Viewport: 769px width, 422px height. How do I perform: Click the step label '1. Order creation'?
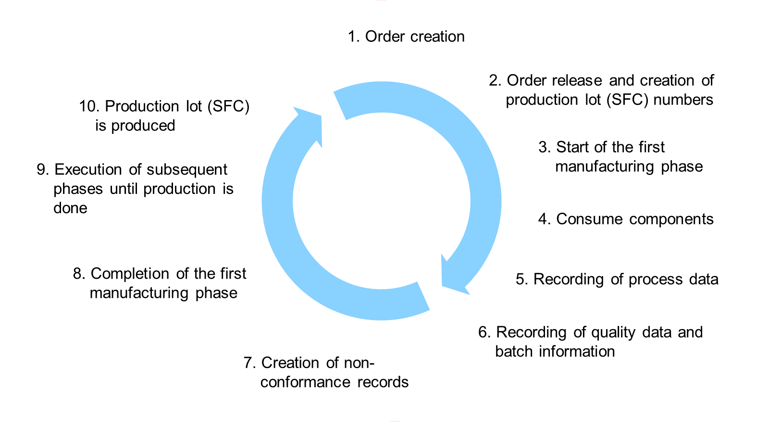pos(406,37)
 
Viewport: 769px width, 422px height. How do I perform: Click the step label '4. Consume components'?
pos(626,219)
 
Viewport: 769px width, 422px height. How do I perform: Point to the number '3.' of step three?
pos(545,147)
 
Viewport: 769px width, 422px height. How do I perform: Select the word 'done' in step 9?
pos(70,208)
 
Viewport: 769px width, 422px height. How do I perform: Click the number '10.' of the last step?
pos(89,106)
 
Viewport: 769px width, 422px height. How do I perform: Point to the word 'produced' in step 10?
pos(143,126)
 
